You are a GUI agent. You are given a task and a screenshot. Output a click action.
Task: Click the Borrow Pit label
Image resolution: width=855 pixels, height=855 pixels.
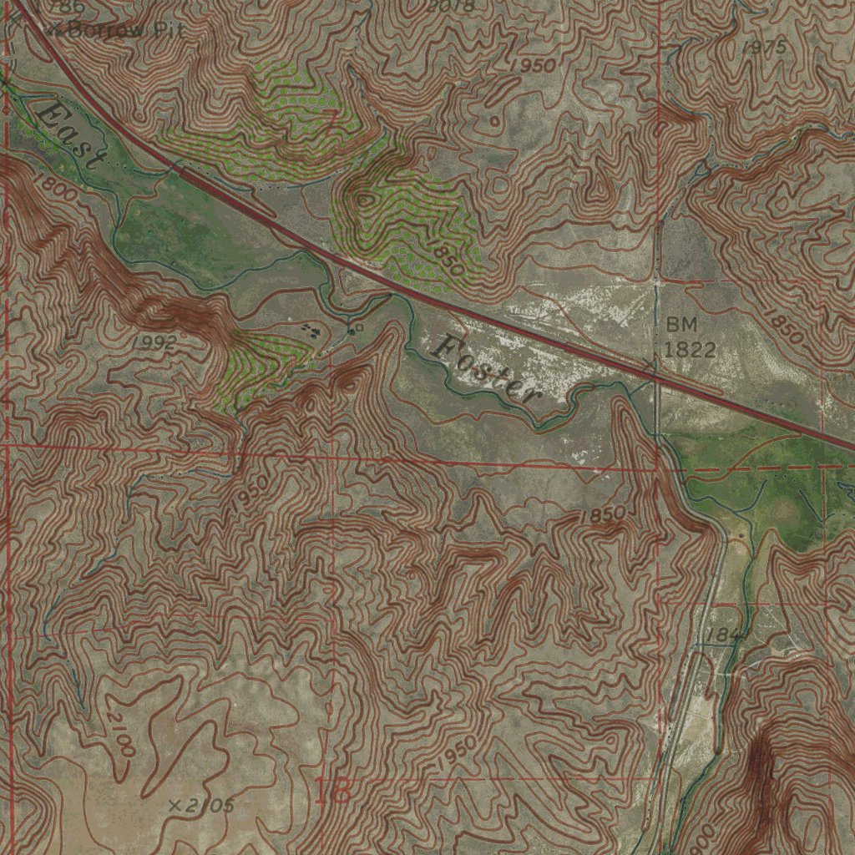pos(122,30)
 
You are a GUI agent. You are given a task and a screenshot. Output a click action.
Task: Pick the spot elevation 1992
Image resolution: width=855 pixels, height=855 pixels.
pos(154,341)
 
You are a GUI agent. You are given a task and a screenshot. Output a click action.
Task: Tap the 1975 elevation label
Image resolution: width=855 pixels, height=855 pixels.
pos(763,48)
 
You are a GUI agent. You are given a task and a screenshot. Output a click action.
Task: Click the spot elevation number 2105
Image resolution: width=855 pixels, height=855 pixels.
pos(209,805)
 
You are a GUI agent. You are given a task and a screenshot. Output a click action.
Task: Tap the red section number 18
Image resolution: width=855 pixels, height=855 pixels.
pos(332,790)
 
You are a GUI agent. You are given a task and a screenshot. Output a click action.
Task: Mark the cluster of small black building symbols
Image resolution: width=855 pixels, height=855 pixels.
pos(312,331)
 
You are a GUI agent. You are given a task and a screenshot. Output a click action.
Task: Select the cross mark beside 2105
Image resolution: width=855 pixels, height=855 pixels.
pos(175,806)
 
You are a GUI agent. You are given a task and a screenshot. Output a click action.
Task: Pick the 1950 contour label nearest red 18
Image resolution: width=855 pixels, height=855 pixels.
pos(455,751)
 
